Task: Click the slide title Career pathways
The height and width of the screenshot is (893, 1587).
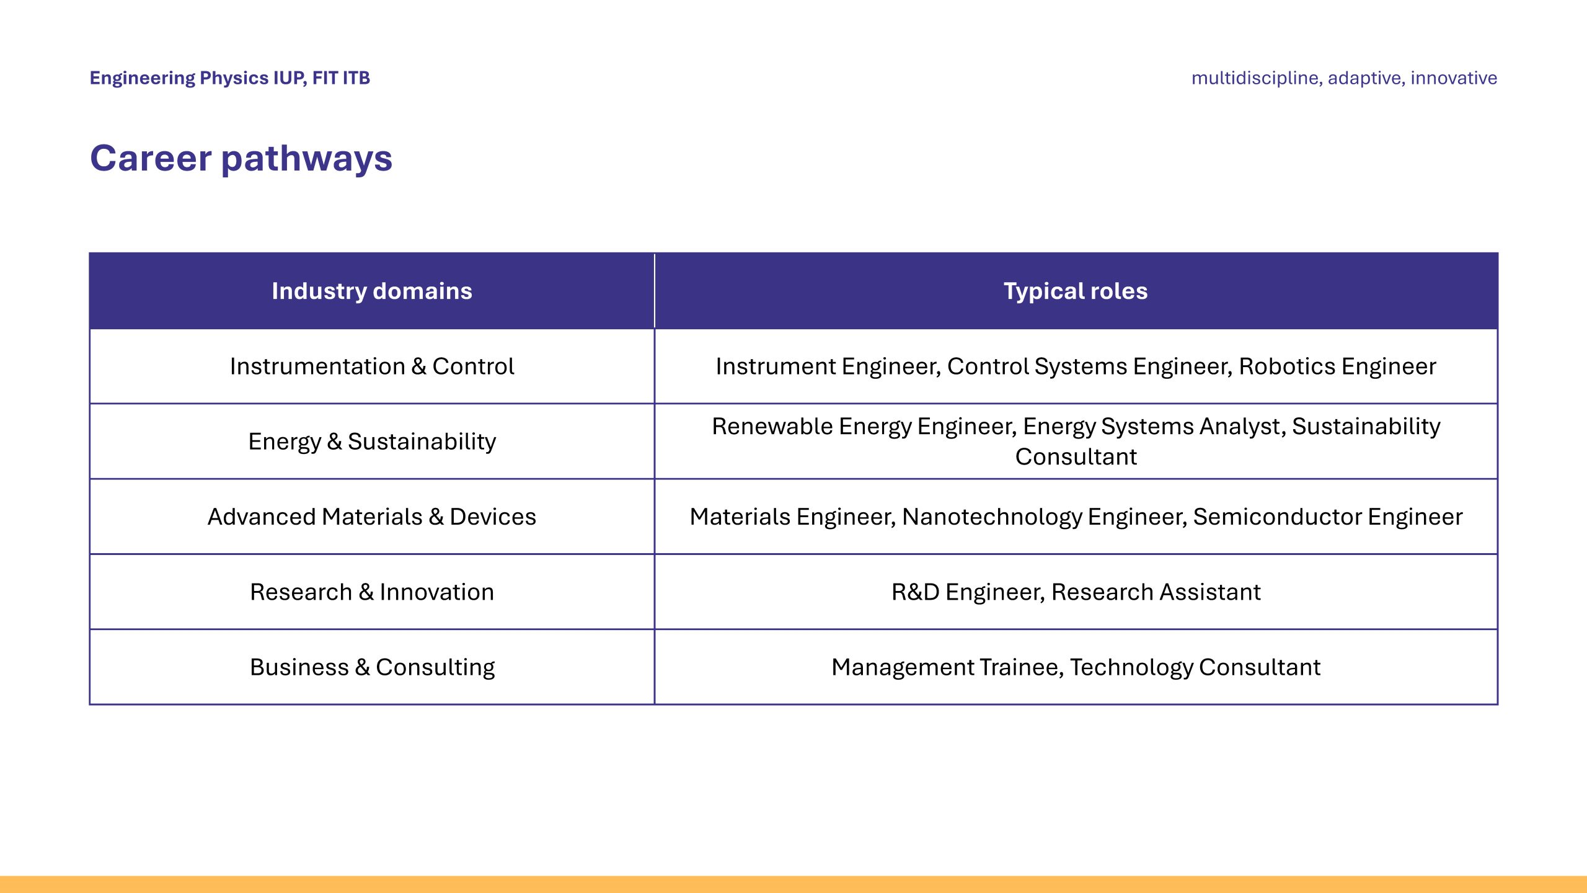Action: click(241, 158)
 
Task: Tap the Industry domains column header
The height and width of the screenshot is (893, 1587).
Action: click(372, 291)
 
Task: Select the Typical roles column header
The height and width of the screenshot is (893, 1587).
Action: click(1076, 291)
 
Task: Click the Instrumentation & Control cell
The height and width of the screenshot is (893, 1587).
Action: click(372, 367)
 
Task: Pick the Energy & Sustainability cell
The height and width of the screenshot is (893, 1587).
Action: click(372, 442)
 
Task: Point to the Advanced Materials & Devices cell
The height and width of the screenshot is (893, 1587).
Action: click(372, 517)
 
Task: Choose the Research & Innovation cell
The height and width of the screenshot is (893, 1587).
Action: click(372, 592)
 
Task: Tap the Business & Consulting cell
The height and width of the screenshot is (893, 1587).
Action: click(372, 667)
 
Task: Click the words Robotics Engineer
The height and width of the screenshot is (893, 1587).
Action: click(1337, 367)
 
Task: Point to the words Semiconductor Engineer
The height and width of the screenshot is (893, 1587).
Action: click(1327, 517)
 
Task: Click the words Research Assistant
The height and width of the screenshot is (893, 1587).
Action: click(1156, 592)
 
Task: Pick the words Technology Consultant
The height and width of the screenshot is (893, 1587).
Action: click(1195, 667)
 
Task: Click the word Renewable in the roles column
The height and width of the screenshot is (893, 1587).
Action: click(772, 426)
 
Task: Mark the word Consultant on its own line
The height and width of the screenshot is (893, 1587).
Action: click(1076, 456)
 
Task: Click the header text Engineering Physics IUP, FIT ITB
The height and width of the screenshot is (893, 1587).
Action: click(230, 78)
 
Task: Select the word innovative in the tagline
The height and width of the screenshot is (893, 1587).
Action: click(1454, 78)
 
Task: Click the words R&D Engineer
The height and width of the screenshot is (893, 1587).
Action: click(968, 592)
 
